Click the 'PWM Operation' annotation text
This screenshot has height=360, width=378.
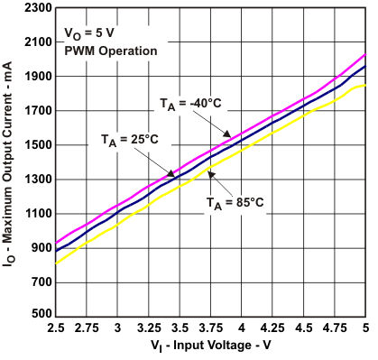tap(111, 51)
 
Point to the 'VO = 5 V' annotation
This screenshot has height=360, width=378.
tap(89, 33)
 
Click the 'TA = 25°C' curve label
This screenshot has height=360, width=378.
tap(129, 140)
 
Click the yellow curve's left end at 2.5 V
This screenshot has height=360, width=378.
tap(56, 263)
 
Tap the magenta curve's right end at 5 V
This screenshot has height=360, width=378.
tap(364, 55)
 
